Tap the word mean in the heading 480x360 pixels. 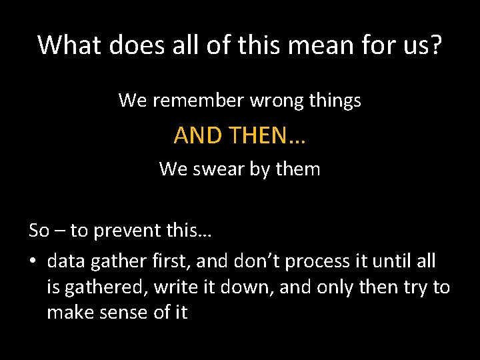click(334, 45)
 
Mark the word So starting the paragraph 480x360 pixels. click(39, 231)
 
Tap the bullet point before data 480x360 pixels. click(33, 262)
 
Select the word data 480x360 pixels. click(67, 261)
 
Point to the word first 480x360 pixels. click(166, 261)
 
